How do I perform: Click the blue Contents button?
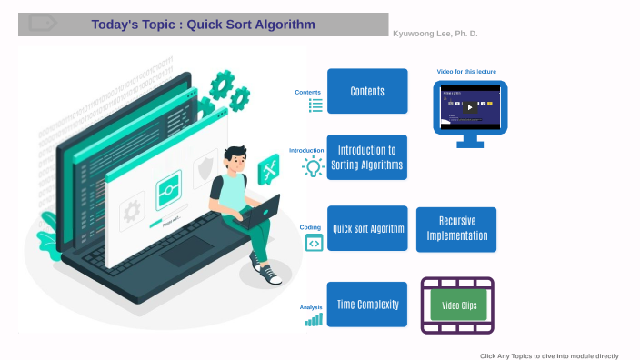[367, 91]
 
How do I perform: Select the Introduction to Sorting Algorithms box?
[367, 157]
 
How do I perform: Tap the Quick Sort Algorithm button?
[367, 229]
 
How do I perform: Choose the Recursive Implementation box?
[456, 229]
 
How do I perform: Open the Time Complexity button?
[367, 305]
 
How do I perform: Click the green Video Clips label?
[458, 305]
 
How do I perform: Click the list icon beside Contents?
[315, 105]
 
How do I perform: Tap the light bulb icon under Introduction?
[314, 167]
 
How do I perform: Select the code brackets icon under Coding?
[314, 243]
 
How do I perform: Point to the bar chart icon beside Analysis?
[314, 319]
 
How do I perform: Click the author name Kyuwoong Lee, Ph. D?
[435, 34]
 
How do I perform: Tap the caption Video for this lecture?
[466, 71]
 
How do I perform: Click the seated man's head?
[235, 159]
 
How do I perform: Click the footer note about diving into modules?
[549, 355]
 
